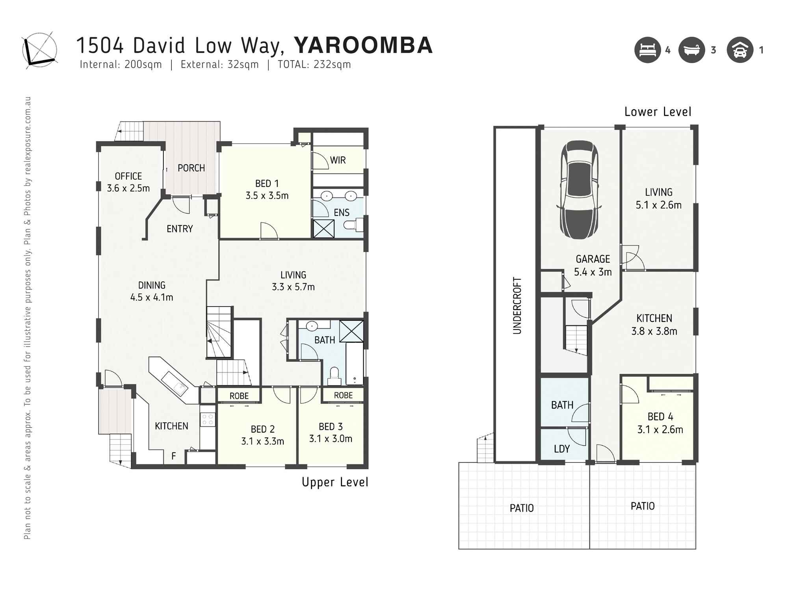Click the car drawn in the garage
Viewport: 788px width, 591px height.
[579, 190]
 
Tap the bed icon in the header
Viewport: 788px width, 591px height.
[647, 50]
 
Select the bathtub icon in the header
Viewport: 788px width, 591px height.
[691, 50]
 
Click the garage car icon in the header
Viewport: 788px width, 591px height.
[740, 50]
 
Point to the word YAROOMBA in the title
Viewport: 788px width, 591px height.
[363, 45]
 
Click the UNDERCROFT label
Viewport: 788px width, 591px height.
[517, 306]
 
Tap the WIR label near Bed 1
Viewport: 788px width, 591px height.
[338, 160]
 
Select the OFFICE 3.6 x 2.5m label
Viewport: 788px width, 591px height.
[128, 182]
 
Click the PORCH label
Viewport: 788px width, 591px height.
[191, 168]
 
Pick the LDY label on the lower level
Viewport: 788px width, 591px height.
[561, 449]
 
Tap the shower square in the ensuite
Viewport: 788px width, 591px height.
[323, 229]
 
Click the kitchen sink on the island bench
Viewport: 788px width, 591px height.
[176, 383]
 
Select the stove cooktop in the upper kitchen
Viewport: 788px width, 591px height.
[207, 420]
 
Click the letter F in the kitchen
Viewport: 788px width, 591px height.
[173, 456]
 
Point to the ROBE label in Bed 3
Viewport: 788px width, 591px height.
[343, 395]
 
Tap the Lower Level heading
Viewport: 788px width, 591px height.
[658, 112]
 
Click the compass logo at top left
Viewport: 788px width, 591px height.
[39, 50]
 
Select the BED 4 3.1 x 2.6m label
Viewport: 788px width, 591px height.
[660, 423]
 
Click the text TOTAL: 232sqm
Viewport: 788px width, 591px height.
[314, 65]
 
